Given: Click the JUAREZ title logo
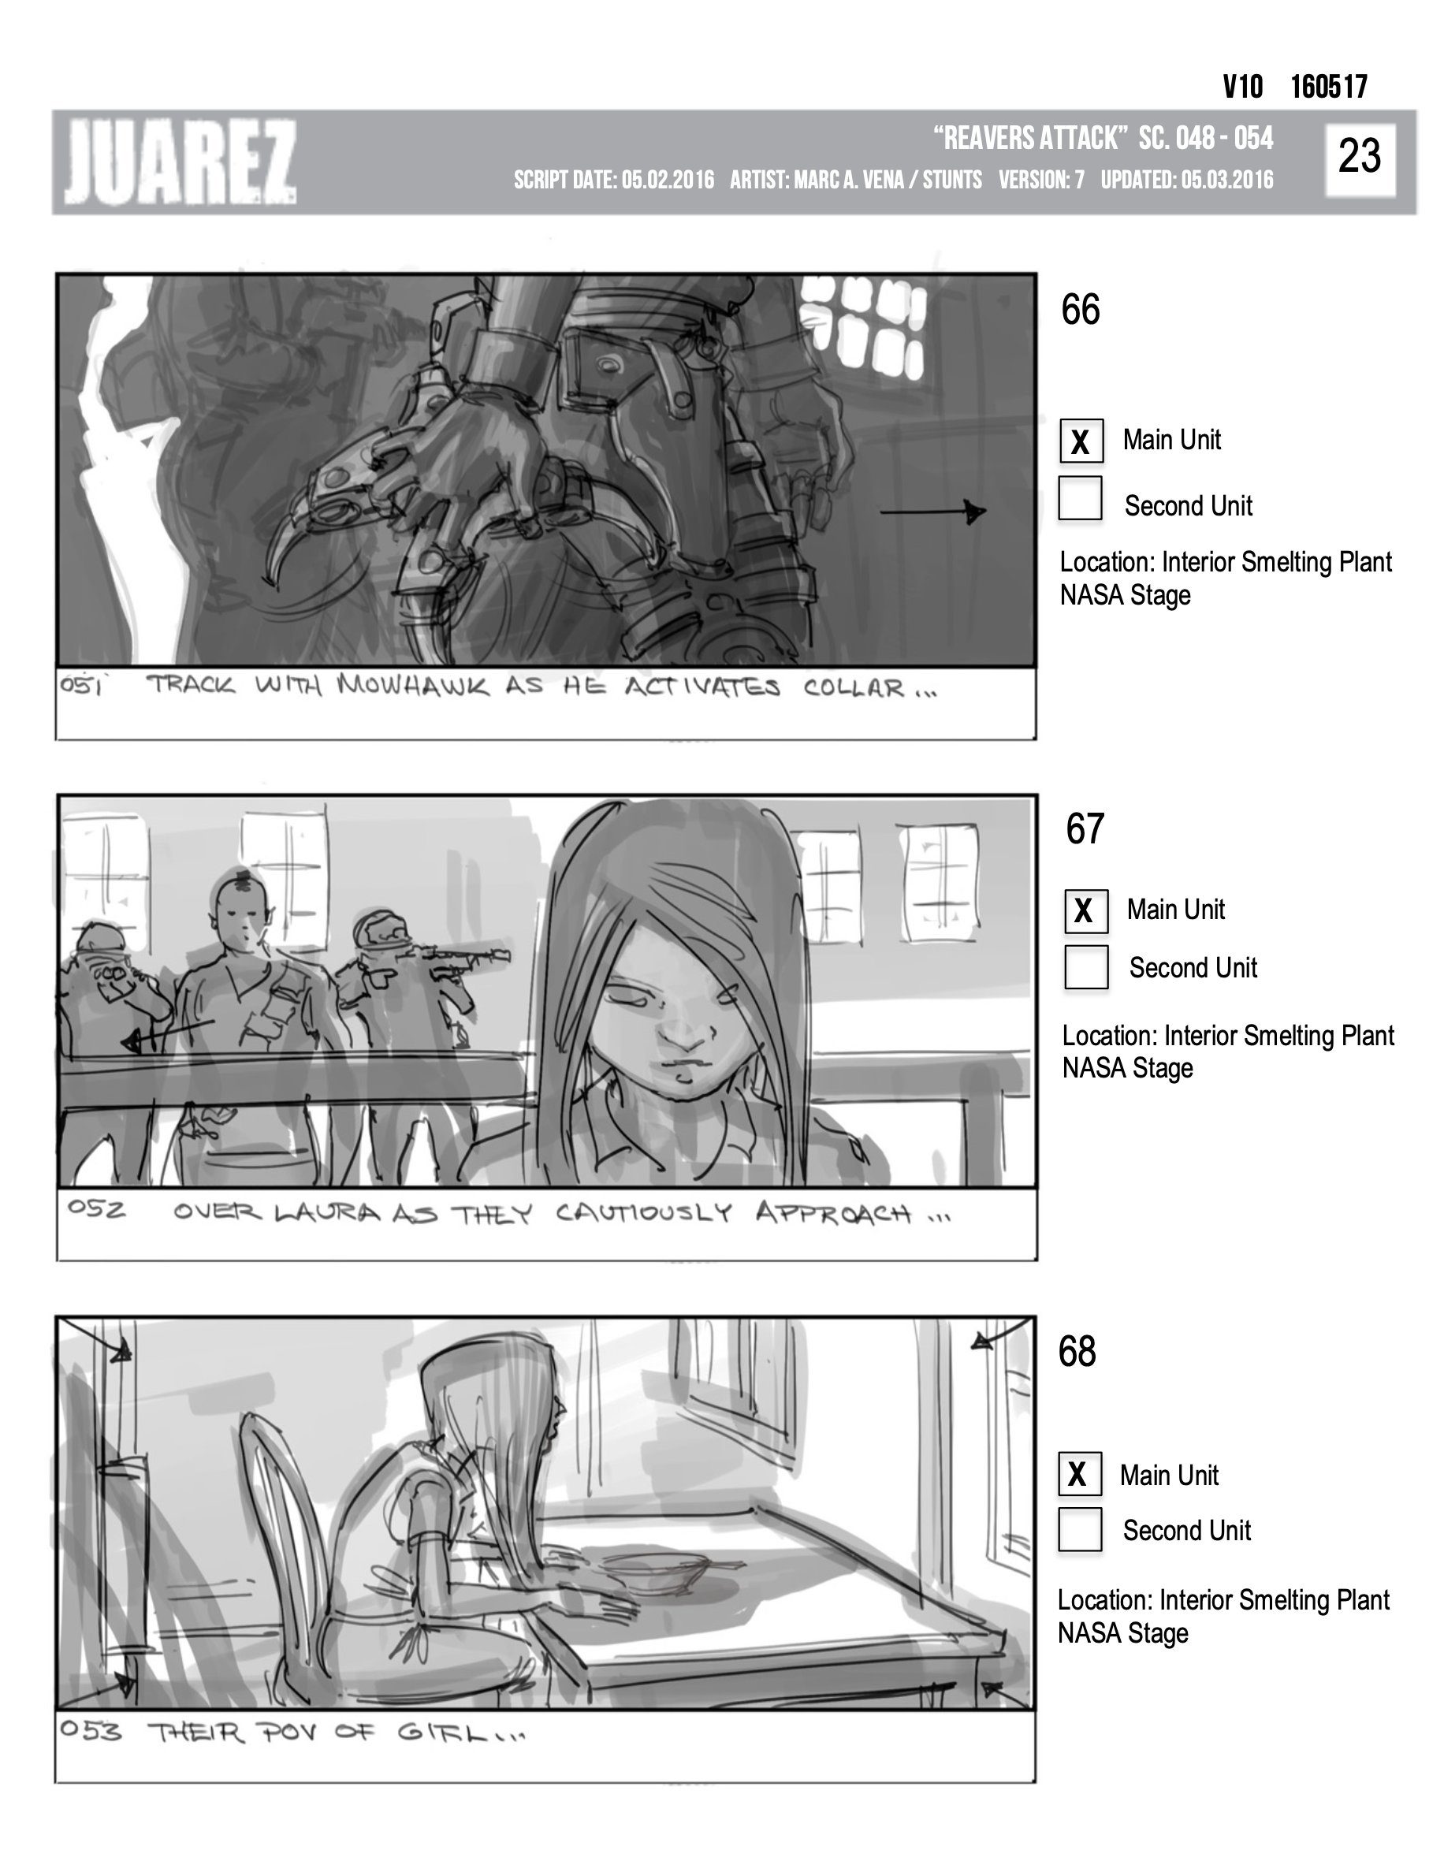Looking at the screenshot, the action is (x=180, y=162).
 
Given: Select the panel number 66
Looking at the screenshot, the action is (x=1080, y=309).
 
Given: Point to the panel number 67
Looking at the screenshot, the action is (x=1085, y=829).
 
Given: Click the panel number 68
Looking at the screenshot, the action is (x=1077, y=1351).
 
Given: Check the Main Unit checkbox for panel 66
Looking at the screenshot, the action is (x=1081, y=441).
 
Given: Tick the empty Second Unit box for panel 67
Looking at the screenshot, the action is (x=1086, y=967).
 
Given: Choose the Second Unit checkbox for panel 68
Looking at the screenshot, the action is (x=1080, y=1530).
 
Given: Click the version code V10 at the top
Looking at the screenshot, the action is (x=1242, y=87).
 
